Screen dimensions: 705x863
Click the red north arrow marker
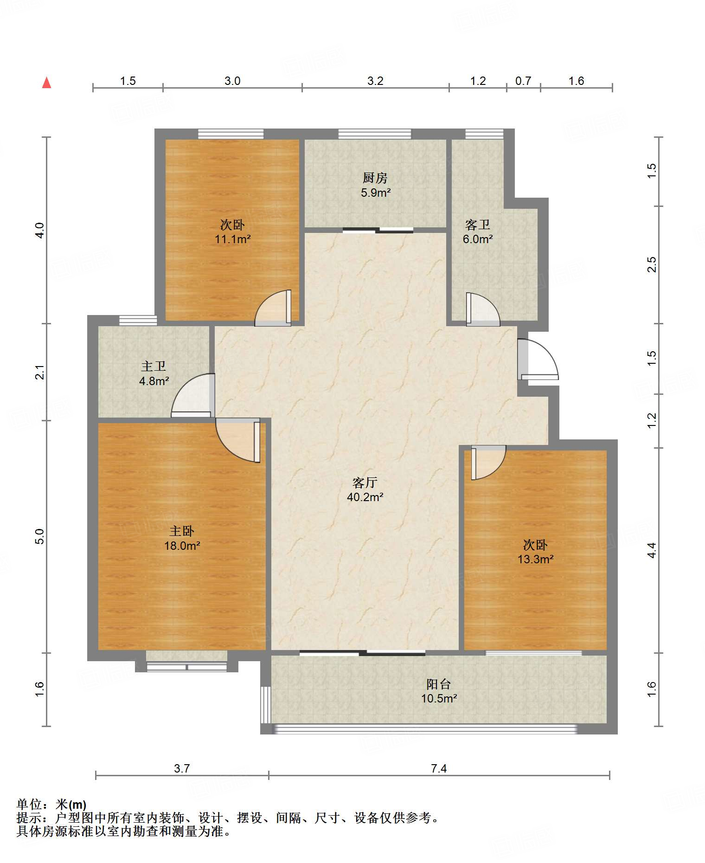pyautogui.click(x=46, y=83)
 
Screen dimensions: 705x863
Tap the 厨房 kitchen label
pyautogui.click(x=375, y=177)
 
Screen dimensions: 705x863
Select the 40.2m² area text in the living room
pyautogui.click(x=365, y=497)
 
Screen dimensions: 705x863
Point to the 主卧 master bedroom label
pyautogui.click(x=182, y=531)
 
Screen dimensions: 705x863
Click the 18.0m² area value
pyautogui.click(x=182, y=546)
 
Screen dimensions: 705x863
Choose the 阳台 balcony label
pyautogui.click(x=439, y=684)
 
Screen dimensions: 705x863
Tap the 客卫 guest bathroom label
pyautogui.click(x=478, y=225)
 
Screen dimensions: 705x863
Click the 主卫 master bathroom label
pyautogui.click(x=154, y=367)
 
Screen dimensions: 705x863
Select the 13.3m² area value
pyautogui.click(x=536, y=559)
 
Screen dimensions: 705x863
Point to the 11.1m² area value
pyautogui.click(x=232, y=239)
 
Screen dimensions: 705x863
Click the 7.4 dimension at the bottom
pyautogui.click(x=439, y=768)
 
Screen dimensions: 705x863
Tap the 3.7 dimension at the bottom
pyautogui.click(x=182, y=768)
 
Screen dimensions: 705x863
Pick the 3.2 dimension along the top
pyautogui.click(x=375, y=81)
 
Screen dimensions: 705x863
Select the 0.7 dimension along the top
pyautogui.click(x=523, y=81)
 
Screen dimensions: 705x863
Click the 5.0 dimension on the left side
pyautogui.click(x=40, y=536)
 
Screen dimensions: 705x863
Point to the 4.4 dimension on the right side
pyautogui.click(x=652, y=550)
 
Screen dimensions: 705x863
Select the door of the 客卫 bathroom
pyautogui.click(x=483, y=309)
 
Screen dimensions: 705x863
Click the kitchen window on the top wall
pyautogui.click(x=374, y=134)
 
